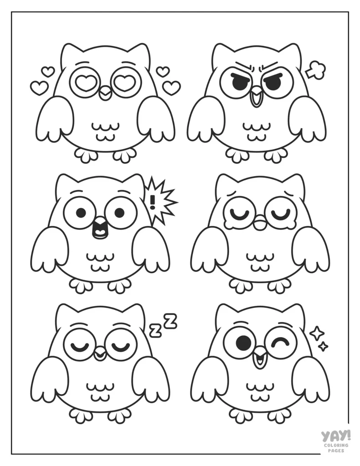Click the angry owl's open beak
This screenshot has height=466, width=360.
(257, 98)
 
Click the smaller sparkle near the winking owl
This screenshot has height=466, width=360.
(323, 347)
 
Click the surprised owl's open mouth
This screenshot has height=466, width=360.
(98, 228)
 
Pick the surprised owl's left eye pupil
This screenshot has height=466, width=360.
(81, 213)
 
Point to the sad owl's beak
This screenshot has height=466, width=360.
(260, 224)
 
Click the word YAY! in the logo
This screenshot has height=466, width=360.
(335, 436)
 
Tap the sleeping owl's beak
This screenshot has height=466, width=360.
(100, 354)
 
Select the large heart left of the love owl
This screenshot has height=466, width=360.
(39, 87)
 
